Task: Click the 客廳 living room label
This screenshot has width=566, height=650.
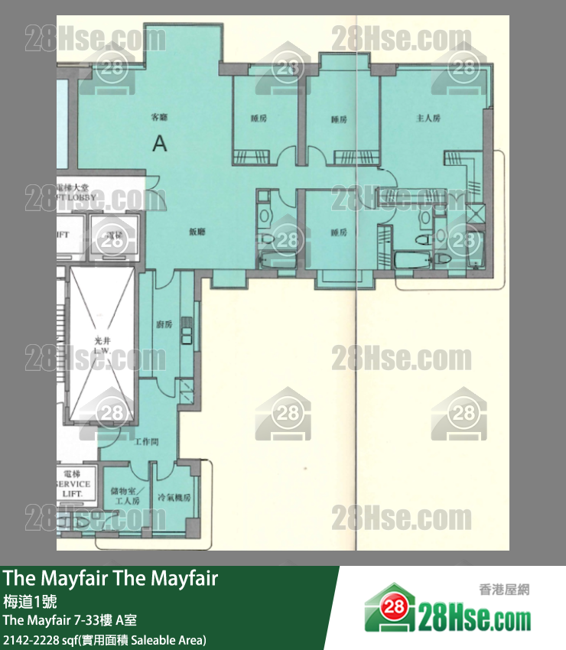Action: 159,118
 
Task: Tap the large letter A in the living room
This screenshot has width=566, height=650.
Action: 159,142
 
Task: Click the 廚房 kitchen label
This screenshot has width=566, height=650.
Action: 164,324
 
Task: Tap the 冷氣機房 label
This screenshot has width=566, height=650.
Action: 174,497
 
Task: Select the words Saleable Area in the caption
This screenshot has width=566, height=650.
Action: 172,639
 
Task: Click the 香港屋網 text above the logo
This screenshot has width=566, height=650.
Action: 503,589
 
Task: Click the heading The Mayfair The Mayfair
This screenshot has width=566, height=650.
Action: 110,579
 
